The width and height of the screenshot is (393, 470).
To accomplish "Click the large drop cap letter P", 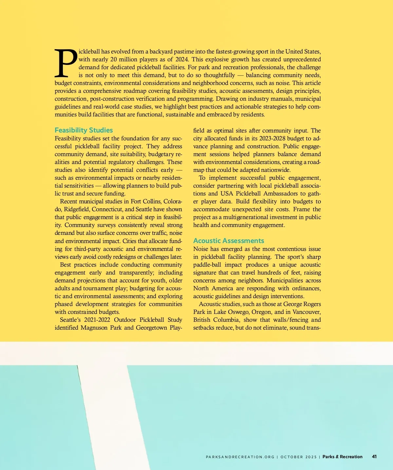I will pos(66,63).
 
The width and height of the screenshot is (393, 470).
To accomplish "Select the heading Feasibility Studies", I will pos(84,130).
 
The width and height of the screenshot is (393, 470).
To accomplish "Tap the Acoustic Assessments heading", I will pos(228,241).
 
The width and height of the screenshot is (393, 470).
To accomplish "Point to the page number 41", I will pos(374,457).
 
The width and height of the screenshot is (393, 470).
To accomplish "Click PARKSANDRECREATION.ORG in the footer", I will pos(240,457).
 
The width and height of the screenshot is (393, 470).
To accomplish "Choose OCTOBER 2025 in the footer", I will pos(298,457).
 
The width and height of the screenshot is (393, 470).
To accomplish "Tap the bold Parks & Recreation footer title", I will pos(342,457).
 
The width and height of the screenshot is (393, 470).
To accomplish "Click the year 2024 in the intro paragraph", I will pos(181,59).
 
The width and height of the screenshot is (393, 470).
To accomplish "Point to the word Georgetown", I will pos(151,328).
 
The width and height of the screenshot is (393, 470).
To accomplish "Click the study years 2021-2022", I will pos(97,320).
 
